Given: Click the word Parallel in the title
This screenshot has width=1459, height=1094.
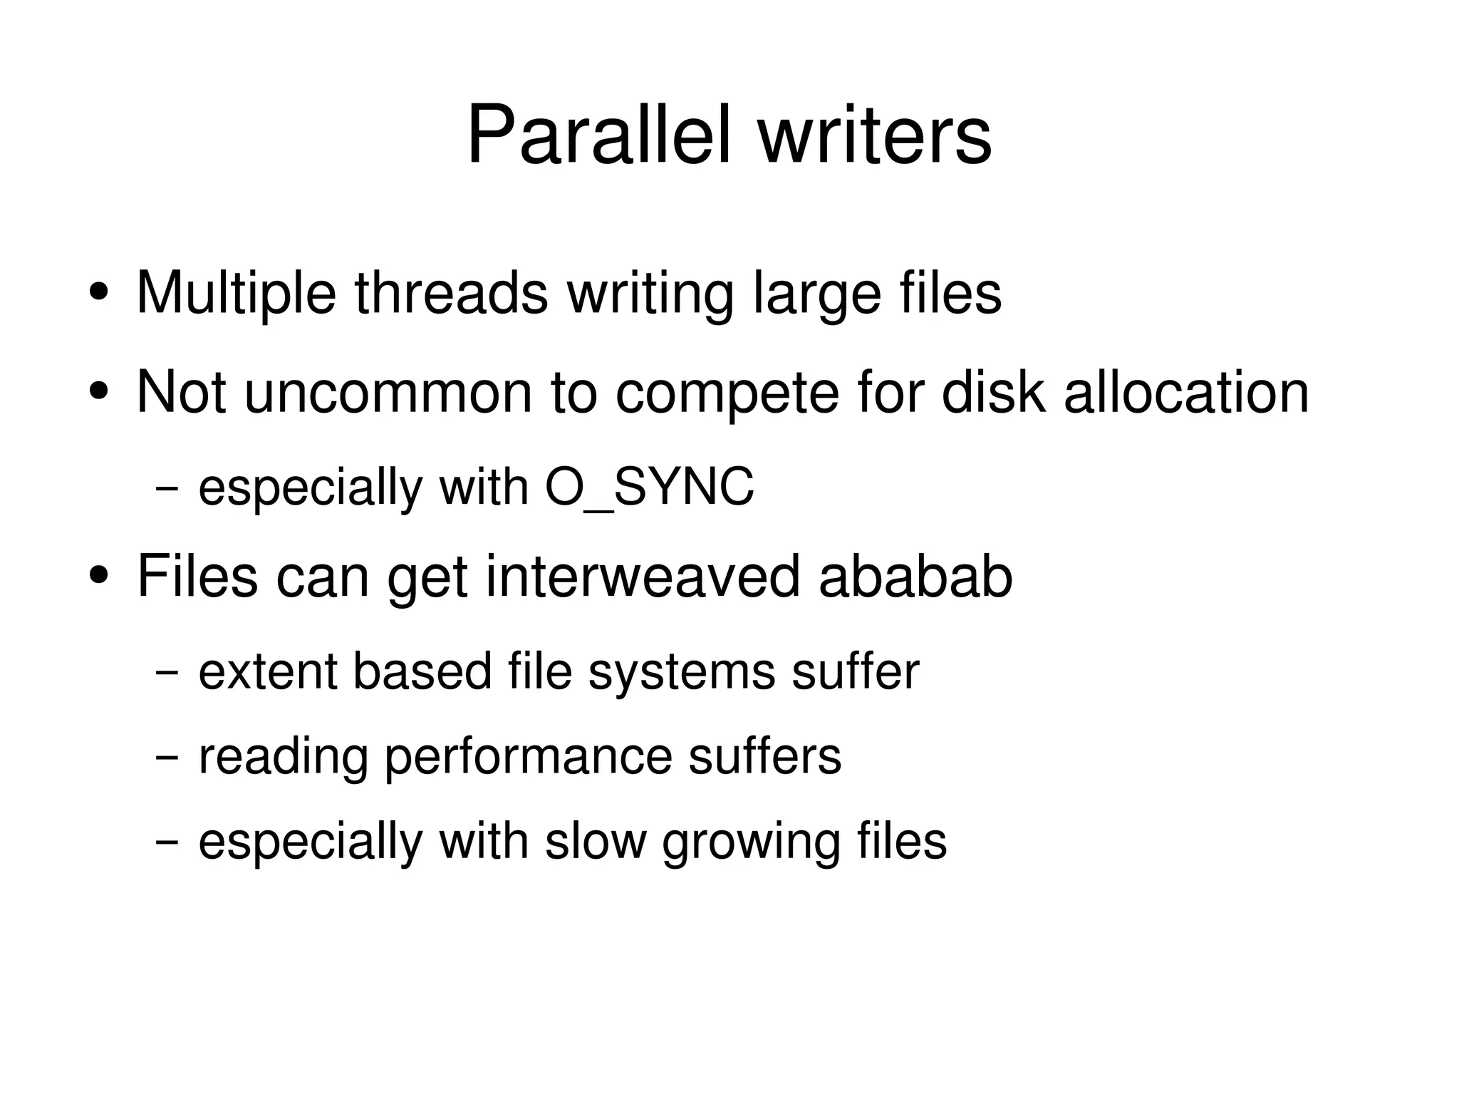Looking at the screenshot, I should (x=598, y=135).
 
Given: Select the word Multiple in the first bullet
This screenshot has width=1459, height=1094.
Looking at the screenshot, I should (x=236, y=293).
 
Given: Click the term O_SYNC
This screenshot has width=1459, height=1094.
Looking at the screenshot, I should (x=649, y=488).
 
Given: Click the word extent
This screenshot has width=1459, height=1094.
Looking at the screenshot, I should (x=267, y=672).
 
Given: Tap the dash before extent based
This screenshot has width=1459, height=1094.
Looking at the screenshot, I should (x=166, y=673).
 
